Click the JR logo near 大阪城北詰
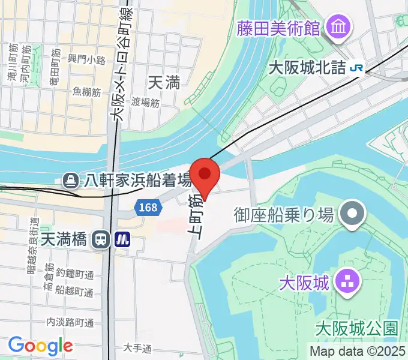(356, 68)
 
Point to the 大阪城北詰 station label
(307, 68)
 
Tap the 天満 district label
(163, 83)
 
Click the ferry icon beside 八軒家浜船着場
(71, 179)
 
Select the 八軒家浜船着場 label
(137, 179)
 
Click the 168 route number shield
(148, 208)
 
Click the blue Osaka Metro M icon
(123, 239)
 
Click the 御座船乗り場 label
(284, 214)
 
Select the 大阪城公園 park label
(356, 329)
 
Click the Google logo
(40, 346)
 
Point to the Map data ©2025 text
(357, 351)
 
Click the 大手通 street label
(137, 348)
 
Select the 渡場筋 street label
(146, 103)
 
